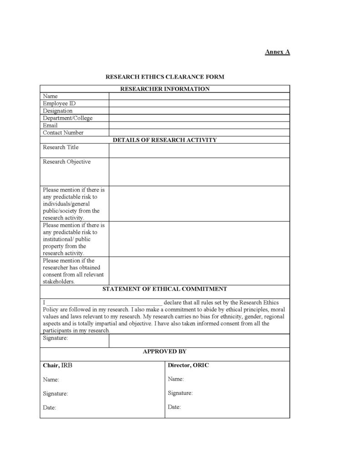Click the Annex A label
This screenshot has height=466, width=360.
pyautogui.click(x=277, y=52)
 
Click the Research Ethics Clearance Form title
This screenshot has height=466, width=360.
pyautogui.click(x=165, y=77)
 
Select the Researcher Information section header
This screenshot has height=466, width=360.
pyautogui.click(x=165, y=89)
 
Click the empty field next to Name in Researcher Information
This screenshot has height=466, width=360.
pyautogui.click(x=199, y=96)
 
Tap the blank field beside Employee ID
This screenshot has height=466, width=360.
pyautogui.click(x=199, y=103)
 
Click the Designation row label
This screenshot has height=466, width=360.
pyautogui.click(x=58, y=111)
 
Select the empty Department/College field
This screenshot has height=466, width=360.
pyautogui.click(x=199, y=118)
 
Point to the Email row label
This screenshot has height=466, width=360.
pyautogui.click(x=50, y=125)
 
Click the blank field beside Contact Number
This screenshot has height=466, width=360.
pyautogui.click(x=199, y=132)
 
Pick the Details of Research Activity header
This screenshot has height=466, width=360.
pyautogui.click(x=165, y=140)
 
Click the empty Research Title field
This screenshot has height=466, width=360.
pyautogui.click(x=199, y=151)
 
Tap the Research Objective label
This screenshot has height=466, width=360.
pyautogui.click(x=67, y=162)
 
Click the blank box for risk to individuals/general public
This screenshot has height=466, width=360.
pyautogui.click(x=199, y=203)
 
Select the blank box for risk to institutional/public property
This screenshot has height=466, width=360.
pyautogui.click(x=199, y=239)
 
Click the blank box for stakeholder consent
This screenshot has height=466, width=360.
pyautogui.click(x=199, y=271)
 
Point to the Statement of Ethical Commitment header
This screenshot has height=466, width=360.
pyautogui.click(x=165, y=289)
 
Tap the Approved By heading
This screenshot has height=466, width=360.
pyautogui.click(x=165, y=351)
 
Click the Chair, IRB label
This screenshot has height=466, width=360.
pyautogui.click(x=57, y=365)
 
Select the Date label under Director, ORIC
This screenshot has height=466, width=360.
pyautogui.click(x=174, y=407)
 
